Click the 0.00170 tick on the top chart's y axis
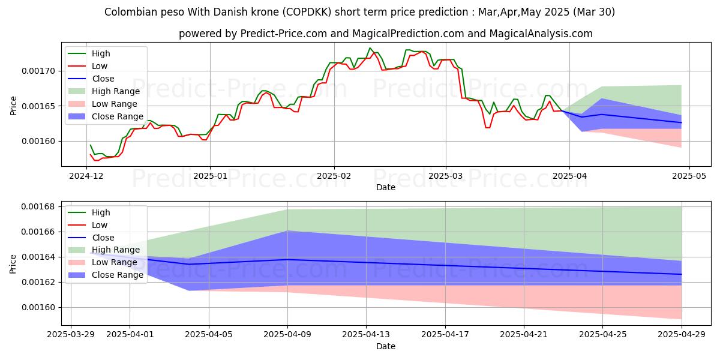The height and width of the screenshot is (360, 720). point(38,71)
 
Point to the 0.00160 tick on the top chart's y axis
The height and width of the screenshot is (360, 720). point(38,141)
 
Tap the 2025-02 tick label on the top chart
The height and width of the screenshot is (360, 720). point(334,176)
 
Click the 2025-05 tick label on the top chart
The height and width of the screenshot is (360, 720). point(689,176)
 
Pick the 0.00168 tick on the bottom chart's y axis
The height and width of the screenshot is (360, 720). point(38,206)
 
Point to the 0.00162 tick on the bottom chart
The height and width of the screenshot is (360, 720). point(38,282)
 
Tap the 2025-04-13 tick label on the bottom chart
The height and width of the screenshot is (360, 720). point(367,335)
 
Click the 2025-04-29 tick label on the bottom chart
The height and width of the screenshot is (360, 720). point(682,335)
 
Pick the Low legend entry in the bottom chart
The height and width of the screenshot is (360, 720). point(100,225)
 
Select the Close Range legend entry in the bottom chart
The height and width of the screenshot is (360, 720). point(118,275)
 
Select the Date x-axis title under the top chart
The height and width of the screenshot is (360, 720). point(385,187)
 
